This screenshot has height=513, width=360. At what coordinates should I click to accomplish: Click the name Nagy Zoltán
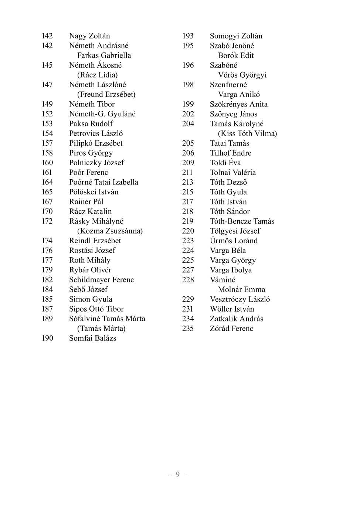click(x=89, y=36)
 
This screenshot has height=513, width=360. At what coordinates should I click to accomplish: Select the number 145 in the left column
click(x=47, y=65)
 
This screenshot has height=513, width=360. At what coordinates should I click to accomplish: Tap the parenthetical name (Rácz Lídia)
click(x=97, y=75)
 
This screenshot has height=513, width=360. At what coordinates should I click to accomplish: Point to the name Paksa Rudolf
click(x=91, y=123)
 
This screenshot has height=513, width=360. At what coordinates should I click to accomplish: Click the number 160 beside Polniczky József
click(x=47, y=163)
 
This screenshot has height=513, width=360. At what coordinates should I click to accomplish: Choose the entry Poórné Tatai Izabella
click(x=103, y=182)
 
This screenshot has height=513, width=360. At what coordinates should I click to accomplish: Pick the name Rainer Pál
click(x=86, y=202)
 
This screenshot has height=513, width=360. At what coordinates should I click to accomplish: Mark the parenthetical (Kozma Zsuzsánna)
click(x=110, y=231)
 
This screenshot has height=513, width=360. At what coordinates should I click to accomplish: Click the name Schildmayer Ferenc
click(x=101, y=280)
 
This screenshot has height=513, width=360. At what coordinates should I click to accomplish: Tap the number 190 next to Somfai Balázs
click(x=47, y=338)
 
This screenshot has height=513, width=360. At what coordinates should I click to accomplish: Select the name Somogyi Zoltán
click(x=236, y=36)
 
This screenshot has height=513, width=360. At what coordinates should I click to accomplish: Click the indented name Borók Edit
click(x=236, y=55)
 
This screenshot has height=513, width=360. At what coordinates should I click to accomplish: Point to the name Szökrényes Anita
click(x=238, y=104)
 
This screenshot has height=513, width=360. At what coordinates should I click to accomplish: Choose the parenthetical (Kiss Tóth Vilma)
click(x=247, y=133)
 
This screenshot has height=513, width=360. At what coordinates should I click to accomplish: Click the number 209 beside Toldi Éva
click(x=188, y=163)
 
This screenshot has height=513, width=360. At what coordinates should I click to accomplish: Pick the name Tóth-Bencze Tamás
click(x=242, y=221)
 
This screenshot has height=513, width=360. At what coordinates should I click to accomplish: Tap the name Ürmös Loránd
click(x=234, y=241)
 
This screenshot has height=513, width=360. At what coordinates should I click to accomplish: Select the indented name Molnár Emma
click(x=241, y=289)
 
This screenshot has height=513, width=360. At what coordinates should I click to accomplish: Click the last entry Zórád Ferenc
click(x=231, y=329)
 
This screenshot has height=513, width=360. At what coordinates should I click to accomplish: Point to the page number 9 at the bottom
click(x=178, y=475)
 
